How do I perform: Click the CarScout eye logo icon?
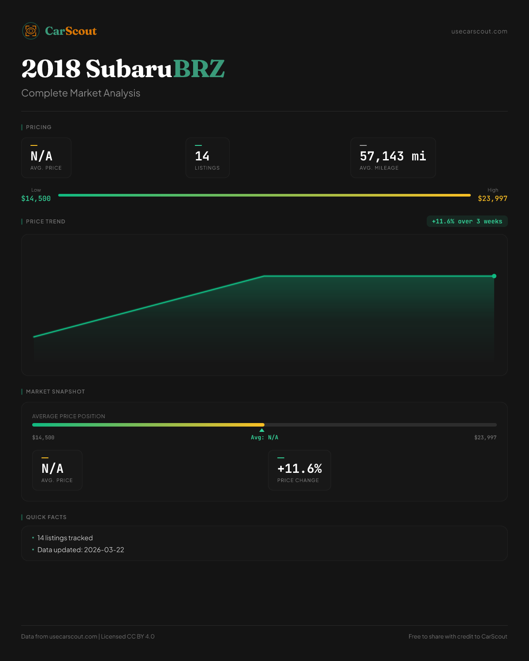[31, 31]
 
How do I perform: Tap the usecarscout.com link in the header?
[479, 31]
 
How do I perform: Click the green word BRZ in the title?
[199, 69]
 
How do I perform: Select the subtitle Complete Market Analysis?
[81, 93]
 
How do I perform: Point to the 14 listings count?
[202, 156]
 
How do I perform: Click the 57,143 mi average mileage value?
[393, 156]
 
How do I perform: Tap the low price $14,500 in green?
[36, 198]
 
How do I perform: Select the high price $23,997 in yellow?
[492, 198]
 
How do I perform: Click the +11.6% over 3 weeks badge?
[467, 221]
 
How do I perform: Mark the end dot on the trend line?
[494, 276]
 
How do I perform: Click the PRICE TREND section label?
[45, 221]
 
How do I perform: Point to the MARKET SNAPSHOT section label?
[55, 391]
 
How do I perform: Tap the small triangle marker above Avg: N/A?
[262, 430]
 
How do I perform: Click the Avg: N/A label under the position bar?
[264, 438]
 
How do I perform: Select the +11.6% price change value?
[299, 468]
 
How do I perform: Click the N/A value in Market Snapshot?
[52, 468]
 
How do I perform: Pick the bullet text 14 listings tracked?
[65, 538]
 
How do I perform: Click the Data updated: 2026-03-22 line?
[81, 550]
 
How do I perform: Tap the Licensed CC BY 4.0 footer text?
[128, 636]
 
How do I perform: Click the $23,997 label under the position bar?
[485, 438]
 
